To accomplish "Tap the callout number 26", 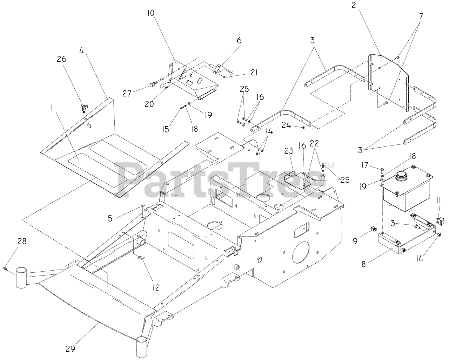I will (x=62, y=60).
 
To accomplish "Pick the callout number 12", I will (x=156, y=287).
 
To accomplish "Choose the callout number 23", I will (x=288, y=151).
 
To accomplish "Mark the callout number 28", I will (x=22, y=241).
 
